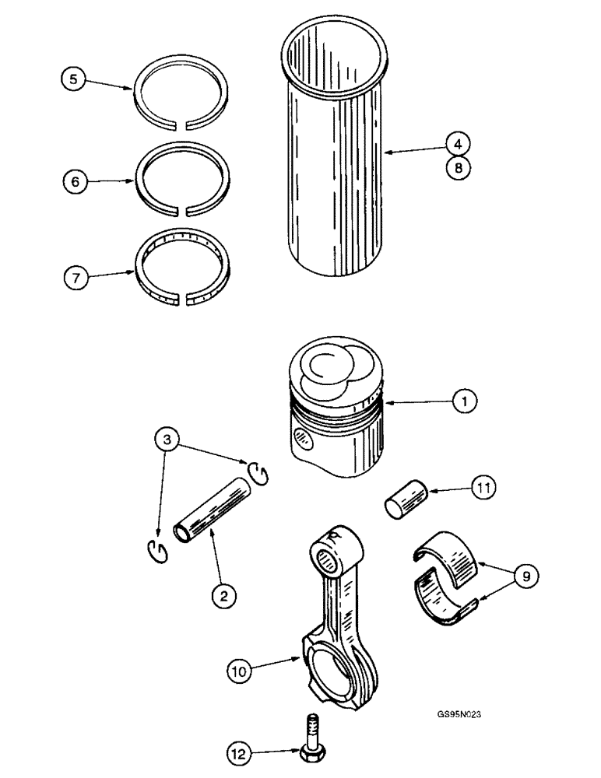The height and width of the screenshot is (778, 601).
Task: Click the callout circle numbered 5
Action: pos(75,80)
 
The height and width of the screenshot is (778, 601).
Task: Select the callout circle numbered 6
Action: pos(75,181)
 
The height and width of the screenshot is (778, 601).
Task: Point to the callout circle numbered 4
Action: pos(459,143)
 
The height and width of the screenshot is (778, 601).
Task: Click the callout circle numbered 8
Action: pos(459,167)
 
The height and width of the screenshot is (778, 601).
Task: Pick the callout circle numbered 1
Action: pos(464,402)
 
